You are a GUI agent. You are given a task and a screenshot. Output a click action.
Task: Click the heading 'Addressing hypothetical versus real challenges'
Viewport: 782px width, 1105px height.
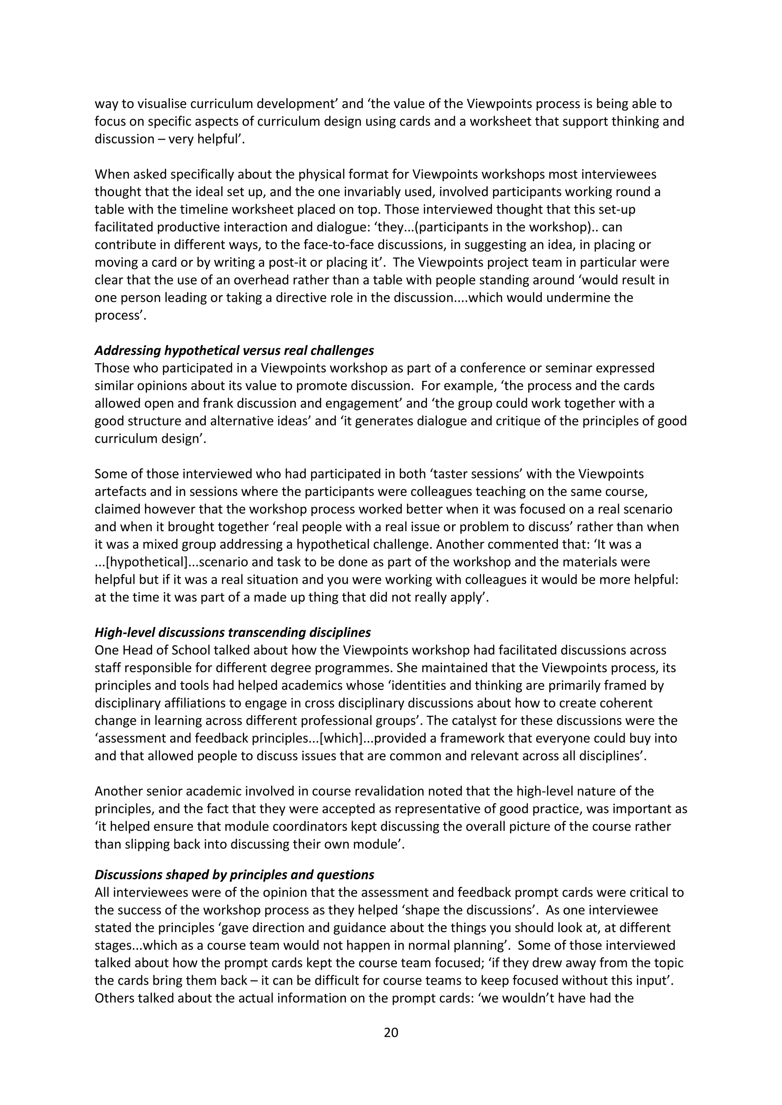click(x=234, y=350)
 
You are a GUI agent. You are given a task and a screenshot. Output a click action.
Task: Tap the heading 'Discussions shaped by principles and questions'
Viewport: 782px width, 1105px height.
click(x=234, y=875)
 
